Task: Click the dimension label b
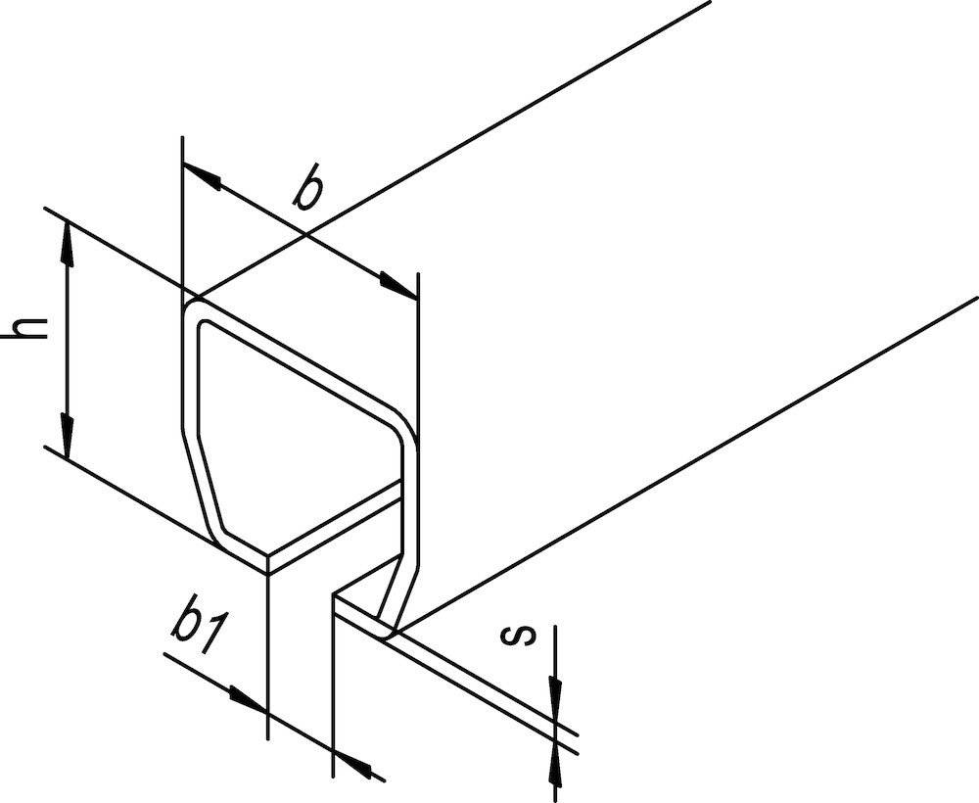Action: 309,192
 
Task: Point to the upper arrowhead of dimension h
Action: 67,241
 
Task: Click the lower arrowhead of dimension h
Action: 67,437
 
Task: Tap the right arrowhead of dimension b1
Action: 352,761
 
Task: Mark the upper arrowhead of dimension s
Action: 554,696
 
